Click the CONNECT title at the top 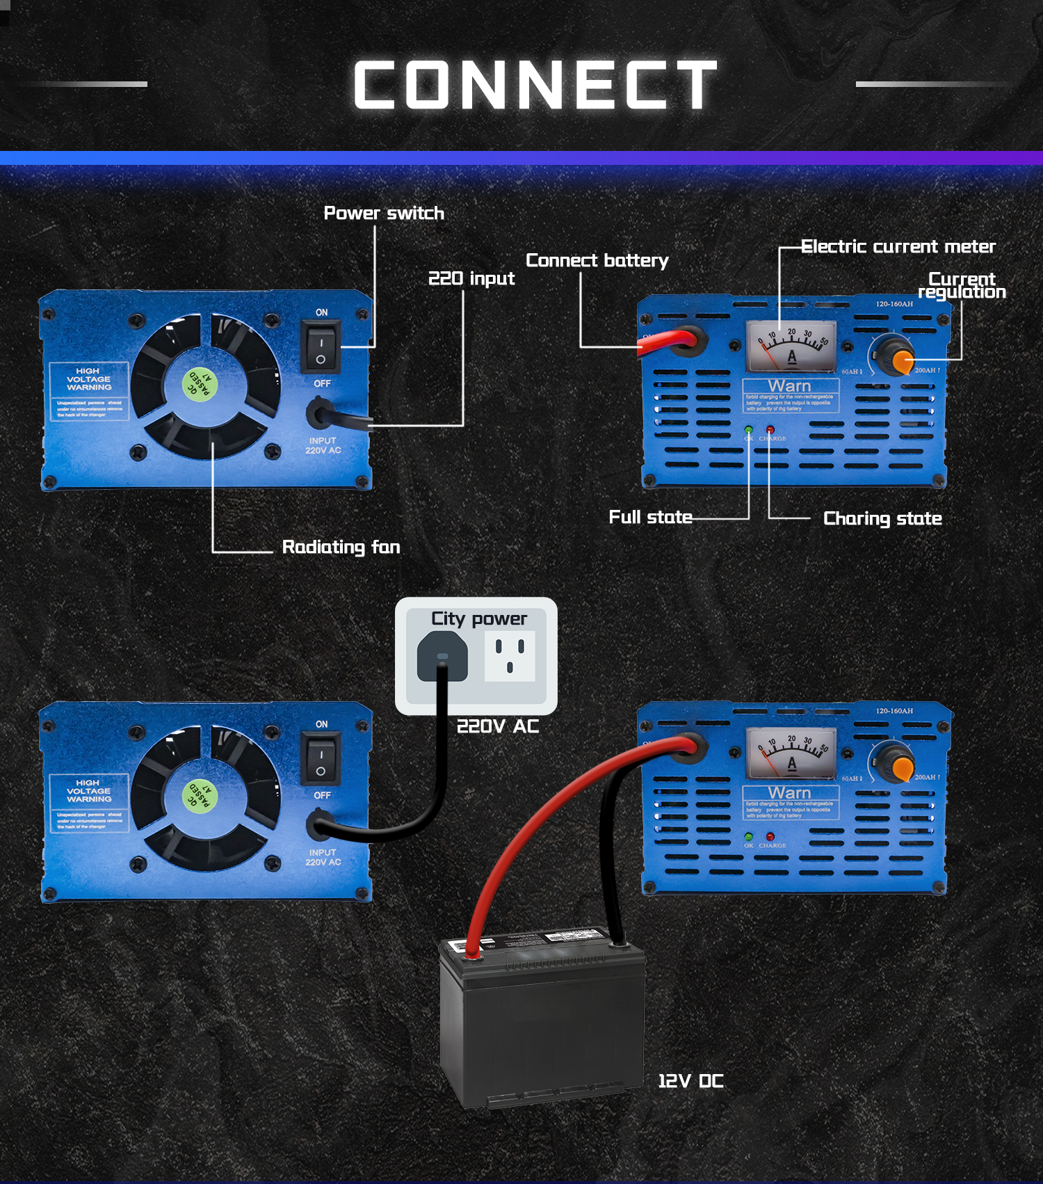pos(535,85)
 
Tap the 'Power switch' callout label pos(384,213)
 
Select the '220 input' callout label pos(471,278)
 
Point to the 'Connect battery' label pos(597,260)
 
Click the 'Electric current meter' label pos(898,246)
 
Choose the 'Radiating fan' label pos(341,547)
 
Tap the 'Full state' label pos(650,517)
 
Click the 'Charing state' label pos(882,518)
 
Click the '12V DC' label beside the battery pos(690,1081)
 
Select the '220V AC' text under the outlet pos(498,726)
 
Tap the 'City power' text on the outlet pos(479,618)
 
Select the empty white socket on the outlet pos(510,656)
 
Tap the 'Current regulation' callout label pos(962,285)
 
